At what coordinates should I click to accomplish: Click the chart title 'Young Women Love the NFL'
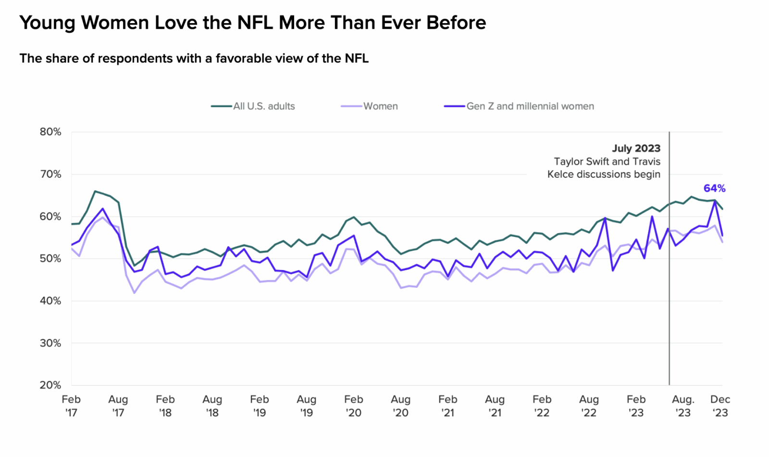pyautogui.click(x=252, y=23)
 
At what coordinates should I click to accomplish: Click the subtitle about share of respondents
pyautogui.click(x=194, y=59)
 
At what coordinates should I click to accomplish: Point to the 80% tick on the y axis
pyautogui.click(x=50, y=132)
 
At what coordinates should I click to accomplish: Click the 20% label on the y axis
pyautogui.click(x=50, y=385)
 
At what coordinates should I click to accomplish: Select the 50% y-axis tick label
pyautogui.click(x=50, y=259)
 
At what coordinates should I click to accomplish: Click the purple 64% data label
pyautogui.click(x=714, y=188)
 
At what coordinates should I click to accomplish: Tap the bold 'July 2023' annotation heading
pyautogui.click(x=636, y=148)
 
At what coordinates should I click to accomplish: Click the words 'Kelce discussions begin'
pyautogui.click(x=604, y=174)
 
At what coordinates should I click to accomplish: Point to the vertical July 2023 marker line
pyautogui.click(x=669, y=288)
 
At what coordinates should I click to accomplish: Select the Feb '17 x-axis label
pyautogui.click(x=71, y=406)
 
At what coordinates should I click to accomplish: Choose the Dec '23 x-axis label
pyautogui.click(x=720, y=406)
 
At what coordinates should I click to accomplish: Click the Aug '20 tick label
pyautogui.click(x=400, y=406)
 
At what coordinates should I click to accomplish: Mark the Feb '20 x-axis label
pyautogui.click(x=353, y=406)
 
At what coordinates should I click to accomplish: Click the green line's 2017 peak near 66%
pyautogui.click(x=95, y=191)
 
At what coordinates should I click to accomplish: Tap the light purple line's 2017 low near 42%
pyautogui.click(x=134, y=293)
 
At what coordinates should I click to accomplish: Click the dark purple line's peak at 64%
pyautogui.click(x=715, y=201)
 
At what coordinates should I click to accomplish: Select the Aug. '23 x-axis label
pyautogui.click(x=683, y=406)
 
